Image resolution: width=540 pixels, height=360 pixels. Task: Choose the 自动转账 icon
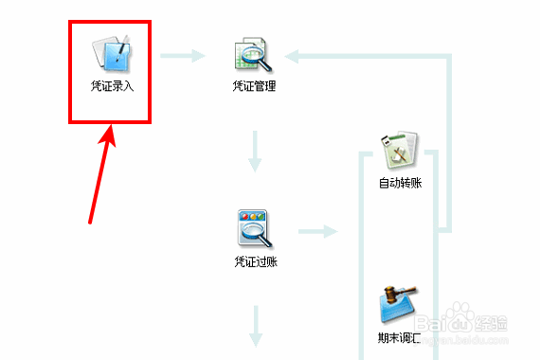coord(400,149)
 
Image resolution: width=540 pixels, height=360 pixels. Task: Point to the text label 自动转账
coord(400,182)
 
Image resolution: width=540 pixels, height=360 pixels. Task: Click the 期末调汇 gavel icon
coord(400,303)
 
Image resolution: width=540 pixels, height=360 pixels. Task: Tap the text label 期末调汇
coord(400,336)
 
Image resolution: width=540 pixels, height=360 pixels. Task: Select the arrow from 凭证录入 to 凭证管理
coord(182,56)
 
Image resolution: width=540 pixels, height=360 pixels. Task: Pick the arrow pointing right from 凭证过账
coord(318,230)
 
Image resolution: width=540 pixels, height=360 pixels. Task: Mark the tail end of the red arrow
coord(90,223)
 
